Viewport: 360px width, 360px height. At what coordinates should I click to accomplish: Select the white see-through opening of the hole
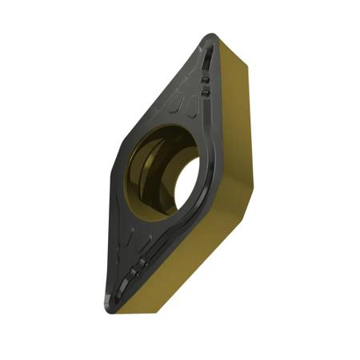click(x=186, y=182)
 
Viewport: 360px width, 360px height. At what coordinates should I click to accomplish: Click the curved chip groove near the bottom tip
click(x=128, y=276)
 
